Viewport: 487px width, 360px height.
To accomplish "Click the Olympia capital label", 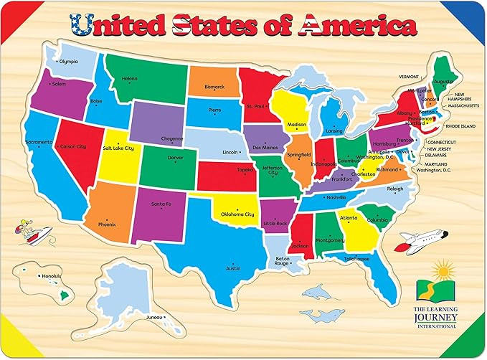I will (x=68, y=62).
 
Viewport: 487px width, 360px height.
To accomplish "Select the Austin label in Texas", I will (x=233, y=268).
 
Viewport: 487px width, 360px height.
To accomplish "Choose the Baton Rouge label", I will (x=282, y=260).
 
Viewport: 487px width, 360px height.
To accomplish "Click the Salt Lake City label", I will (x=119, y=148).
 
